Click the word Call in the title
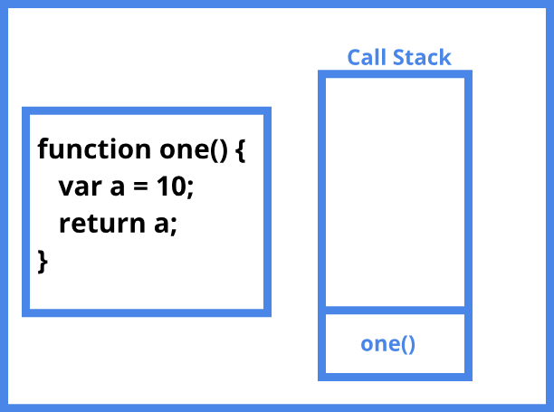[367, 57]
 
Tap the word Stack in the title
[422, 57]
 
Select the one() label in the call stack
[387, 344]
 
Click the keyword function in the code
[94, 149]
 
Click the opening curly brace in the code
[240, 150]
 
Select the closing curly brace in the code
[43, 262]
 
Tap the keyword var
[81, 187]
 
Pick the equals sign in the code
[140, 187]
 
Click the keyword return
[102, 224]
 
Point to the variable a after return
[161, 225]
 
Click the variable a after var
[118, 187]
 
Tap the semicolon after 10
[190, 189]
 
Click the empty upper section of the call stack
[395, 192]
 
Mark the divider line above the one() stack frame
[395, 310]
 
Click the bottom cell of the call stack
[395, 343]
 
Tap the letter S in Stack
[399, 58]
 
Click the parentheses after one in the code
[219, 150]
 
